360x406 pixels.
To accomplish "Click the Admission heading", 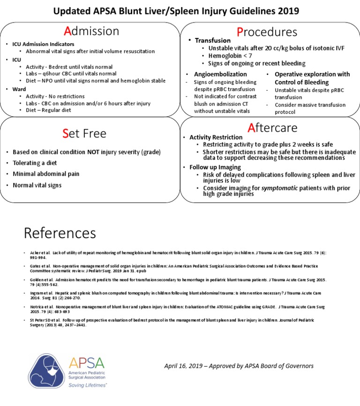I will [91, 31].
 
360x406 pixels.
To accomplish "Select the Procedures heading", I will [267, 31].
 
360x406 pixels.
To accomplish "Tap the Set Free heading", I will [84, 134].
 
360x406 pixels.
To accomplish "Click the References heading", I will [60, 233].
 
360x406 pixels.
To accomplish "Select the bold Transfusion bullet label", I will [213, 41].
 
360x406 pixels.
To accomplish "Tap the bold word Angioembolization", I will [220, 74].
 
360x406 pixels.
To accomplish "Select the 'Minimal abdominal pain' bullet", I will [46, 174].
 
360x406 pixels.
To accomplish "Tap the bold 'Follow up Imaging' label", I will [215, 167].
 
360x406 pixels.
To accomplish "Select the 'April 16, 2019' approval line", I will [239, 366].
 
